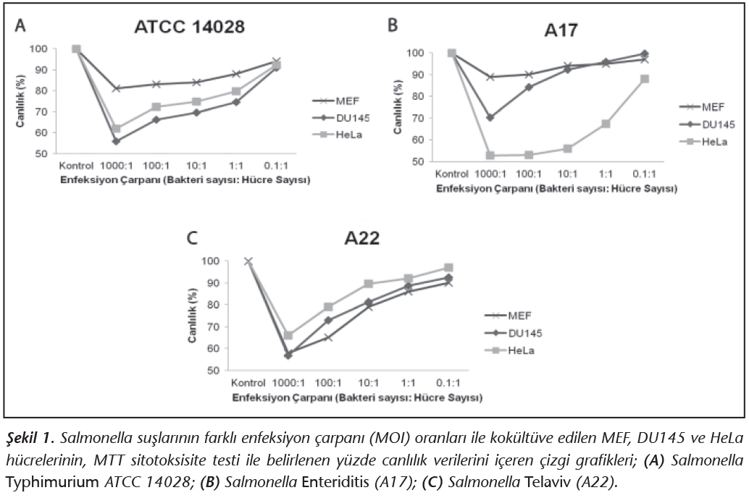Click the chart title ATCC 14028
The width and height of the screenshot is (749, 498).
click(x=190, y=28)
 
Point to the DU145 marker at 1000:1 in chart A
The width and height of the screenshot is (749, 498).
click(x=116, y=141)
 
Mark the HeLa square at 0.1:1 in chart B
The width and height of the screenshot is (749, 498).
click(x=643, y=79)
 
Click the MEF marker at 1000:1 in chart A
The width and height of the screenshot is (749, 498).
click(x=116, y=88)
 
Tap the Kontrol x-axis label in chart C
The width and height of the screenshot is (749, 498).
click(x=248, y=382)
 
